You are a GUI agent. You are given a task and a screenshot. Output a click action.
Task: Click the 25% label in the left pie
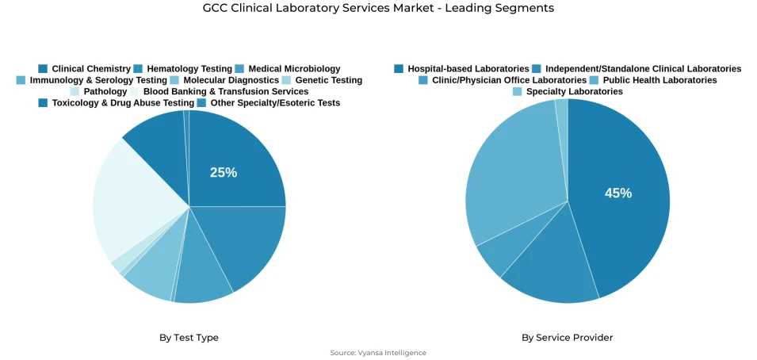[x=223, y=172]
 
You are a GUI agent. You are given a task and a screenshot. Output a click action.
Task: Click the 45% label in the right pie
[x=617, y=193]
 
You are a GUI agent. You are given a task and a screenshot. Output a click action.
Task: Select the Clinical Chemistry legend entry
[x=84, y=69]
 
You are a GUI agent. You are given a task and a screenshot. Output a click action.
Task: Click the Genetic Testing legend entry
[x=322, y=80]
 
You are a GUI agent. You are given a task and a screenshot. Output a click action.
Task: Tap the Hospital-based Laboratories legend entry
[x=461, y=69]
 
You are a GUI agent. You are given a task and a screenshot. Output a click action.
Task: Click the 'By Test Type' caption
[x=189, y=338]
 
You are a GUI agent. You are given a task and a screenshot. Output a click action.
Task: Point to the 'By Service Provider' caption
[x=567, y=338]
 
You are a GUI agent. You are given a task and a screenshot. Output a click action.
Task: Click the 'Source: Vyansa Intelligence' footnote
[x=378, y=353]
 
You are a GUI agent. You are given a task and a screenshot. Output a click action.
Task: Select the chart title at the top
[x=378, y=8]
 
